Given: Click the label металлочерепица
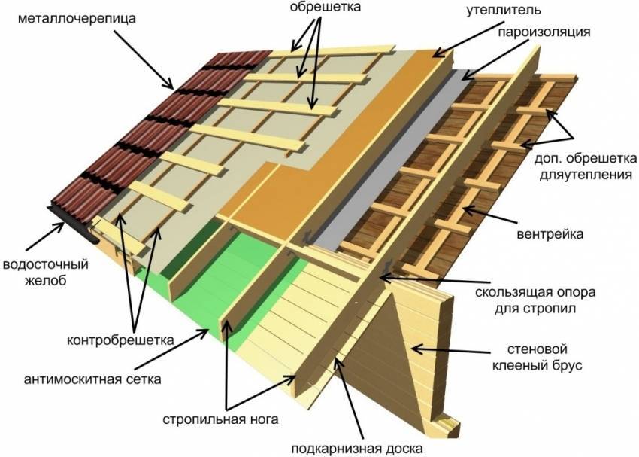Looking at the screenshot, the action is tap(77, 18).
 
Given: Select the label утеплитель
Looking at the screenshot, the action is tap(504, 10).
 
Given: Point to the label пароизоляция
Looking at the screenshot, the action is tap(544, 32).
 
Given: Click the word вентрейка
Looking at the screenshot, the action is tap(550, 234).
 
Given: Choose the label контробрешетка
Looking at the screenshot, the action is tap(120, 340).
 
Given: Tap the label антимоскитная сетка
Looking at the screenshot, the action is tap(92, 379).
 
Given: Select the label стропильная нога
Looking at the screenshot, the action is tap(220, 419).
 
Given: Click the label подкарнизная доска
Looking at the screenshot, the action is tap(357, 448).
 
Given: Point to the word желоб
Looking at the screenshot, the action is tap(45, 281).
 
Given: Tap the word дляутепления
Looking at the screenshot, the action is tap(586, 175).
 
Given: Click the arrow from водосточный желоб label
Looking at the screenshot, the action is tap(45, 236).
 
